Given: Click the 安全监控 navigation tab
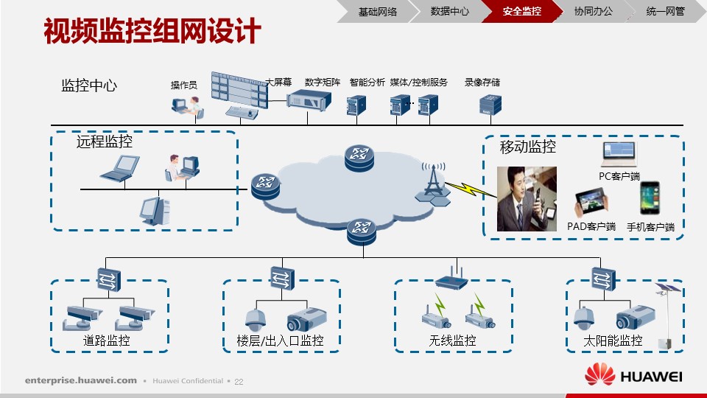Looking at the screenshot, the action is [x=521, y=11].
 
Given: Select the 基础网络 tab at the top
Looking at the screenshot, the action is [x=377, y=11].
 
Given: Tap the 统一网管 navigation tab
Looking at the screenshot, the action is [x=666, y=11].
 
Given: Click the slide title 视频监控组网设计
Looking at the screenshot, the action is [x=152, y=31].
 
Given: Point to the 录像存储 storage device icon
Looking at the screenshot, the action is [x=490, y=105].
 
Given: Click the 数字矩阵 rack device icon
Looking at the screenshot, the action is [x=309, y=100].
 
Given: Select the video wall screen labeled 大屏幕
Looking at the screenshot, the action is [x=239, y=89].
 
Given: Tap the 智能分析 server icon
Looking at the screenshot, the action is [x=356, y=105].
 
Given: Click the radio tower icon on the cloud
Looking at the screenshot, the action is [x=433, y=184].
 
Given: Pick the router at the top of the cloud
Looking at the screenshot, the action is [x=359, y=158].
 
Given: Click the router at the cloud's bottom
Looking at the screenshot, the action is [x=362, y=231].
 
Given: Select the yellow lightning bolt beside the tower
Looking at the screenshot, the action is [x=471, y=189].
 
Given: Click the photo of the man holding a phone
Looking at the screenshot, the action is [x=527, y=199].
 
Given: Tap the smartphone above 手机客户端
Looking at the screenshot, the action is [x=650, y=198].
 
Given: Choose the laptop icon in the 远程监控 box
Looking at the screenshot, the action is [x=120, y=168].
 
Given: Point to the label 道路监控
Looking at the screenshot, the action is [x=106, y=341].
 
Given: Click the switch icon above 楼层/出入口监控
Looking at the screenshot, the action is [x=282, y=278].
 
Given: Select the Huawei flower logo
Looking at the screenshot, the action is [x=599, y=374].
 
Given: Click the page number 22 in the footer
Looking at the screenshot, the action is [x=239, y=382].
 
